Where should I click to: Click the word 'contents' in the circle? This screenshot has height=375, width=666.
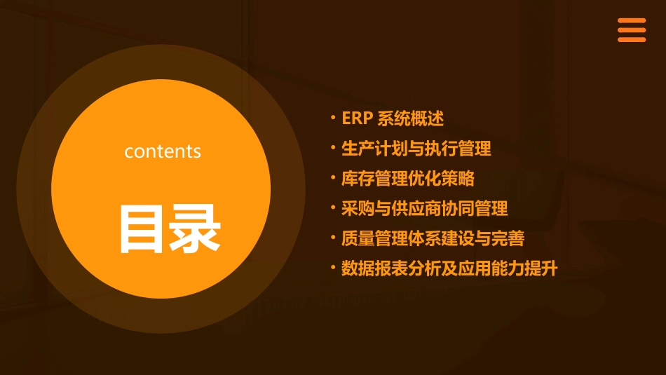tap(163, 151)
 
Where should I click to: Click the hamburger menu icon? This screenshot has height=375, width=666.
tap(631, 30)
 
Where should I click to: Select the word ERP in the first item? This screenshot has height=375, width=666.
tap(356, 118)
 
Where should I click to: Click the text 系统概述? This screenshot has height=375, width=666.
tap(411, 118)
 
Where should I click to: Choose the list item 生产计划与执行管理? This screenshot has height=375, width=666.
tap(416, 149)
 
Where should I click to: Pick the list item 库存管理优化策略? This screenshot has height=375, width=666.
tap(408, 179)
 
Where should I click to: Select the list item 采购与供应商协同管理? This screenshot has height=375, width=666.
tap(425, 209)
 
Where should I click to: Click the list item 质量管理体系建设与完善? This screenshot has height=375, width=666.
tap(433, 239)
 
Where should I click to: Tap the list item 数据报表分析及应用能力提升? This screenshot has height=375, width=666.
tap(449, 269)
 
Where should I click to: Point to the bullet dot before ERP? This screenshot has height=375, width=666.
tap(333, 116)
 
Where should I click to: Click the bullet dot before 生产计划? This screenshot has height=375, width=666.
tap(333, 146)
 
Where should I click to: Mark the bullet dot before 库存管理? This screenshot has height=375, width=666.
tap(333, 176)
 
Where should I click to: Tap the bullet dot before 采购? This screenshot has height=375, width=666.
tap(333, 206)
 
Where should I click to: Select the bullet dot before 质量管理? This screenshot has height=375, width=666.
tap(333, 236)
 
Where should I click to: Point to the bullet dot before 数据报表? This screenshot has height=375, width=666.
tap(333, 266)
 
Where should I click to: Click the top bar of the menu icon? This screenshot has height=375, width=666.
tap(631, 21)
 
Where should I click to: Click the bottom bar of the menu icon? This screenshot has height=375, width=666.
tap(631, 40)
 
